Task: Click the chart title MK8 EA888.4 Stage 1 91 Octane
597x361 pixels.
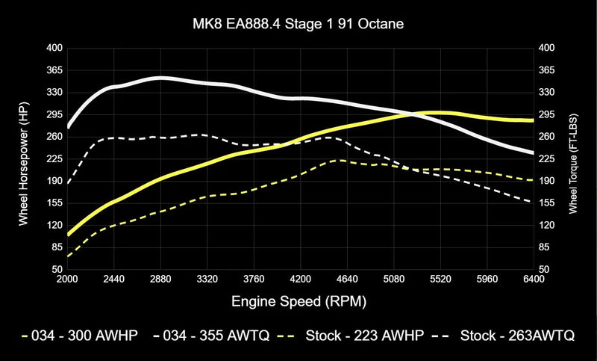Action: pos(298,25)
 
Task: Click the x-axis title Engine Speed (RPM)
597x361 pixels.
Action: pos(298,300)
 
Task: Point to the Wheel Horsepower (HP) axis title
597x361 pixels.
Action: pos(23,158)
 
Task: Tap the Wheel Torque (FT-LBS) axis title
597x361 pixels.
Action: pos(573,158)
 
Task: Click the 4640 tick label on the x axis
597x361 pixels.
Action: pos(347,279)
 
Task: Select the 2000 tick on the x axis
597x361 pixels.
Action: pos(67,279)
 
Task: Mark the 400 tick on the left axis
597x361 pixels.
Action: pos(54,48)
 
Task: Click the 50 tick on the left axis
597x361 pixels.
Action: pos(57,269)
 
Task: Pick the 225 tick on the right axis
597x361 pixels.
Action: pos(548,158)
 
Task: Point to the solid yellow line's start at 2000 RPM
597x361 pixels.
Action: pos(68,234)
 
